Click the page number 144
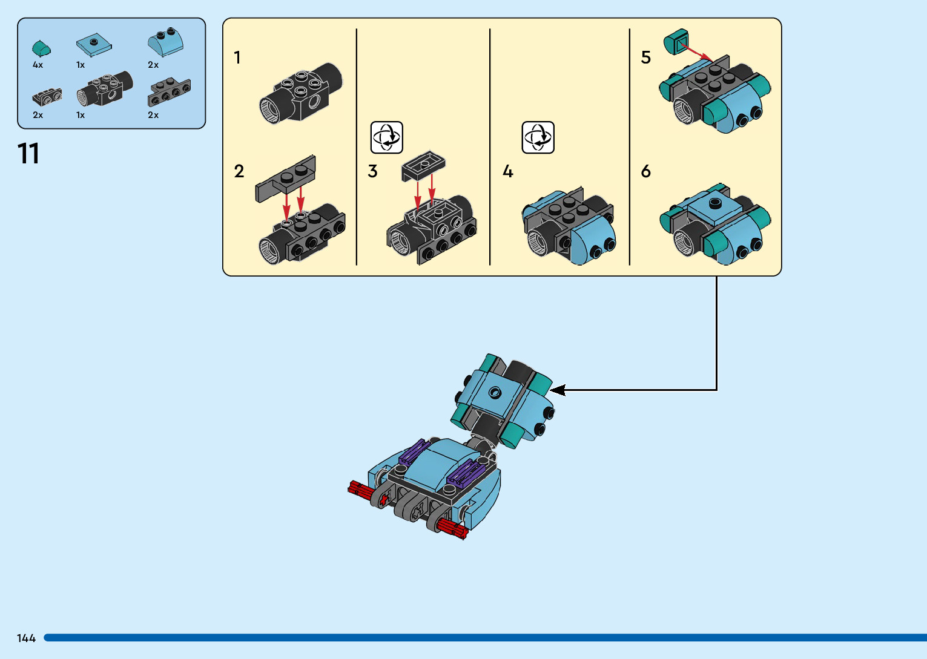[x=26, y=638]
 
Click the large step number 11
[x=28, y=154]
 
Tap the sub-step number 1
[x=237, y=57]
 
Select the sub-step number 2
[x=239, y=171]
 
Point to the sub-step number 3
[x=372, y=171]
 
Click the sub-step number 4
[x=508, y=172]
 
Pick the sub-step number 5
[x=645, y=57]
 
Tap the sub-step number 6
[x=645, y=171]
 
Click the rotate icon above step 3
[x=386, y=137]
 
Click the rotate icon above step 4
[x=538, y=137]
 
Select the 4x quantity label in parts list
[x=38, y=65]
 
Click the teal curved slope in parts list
[x=41, y=48]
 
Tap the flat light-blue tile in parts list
[x=94, y=44]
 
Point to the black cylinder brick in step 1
[x=300, y=93]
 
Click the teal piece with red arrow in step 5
[x=676, y=42]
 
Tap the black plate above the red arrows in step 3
[x=423, y=165]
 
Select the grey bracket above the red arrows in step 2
[x=286, y=179]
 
